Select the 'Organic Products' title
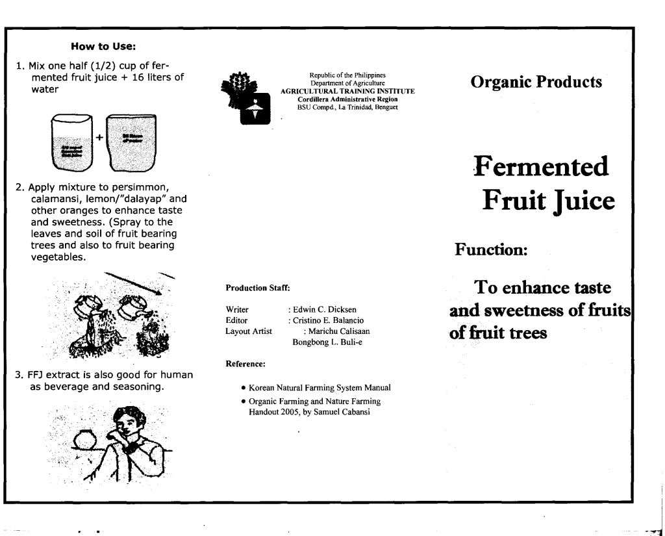pos(536,82)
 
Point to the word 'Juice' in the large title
pos(581,201)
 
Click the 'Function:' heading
pos(490,249)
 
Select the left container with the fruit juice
pos(72,142)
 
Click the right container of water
pos(131,142)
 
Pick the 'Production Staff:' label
pos(257,287)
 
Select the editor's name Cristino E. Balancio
pos(329,320)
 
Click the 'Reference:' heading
pos(245,364)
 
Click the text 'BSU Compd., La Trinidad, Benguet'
pos(347,107)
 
